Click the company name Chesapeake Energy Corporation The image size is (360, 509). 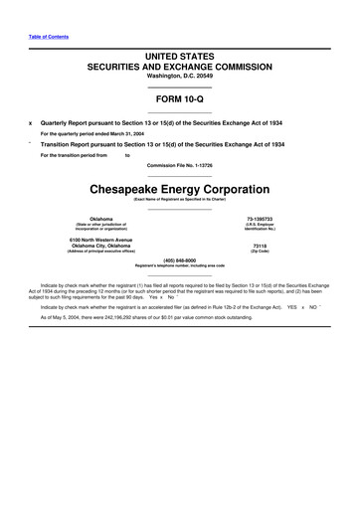point(180,188)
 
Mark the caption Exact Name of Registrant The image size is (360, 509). point(180,199)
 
